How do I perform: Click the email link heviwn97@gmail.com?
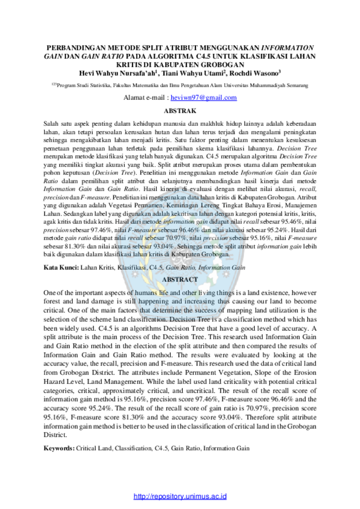pos(203,97)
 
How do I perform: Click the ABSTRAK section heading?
pos(180,111)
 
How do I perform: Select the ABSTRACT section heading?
pos(180,280)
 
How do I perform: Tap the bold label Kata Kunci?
pos(61,268)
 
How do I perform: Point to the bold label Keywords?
pos(59,448)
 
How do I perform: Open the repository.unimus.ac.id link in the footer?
pos(180,496)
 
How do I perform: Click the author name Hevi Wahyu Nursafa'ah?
pos(118,73)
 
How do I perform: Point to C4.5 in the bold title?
pos(204,56)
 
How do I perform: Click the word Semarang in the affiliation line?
pos(297,85)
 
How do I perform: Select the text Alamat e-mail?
pos(144,97)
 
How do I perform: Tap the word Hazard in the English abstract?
pos(54,382)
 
